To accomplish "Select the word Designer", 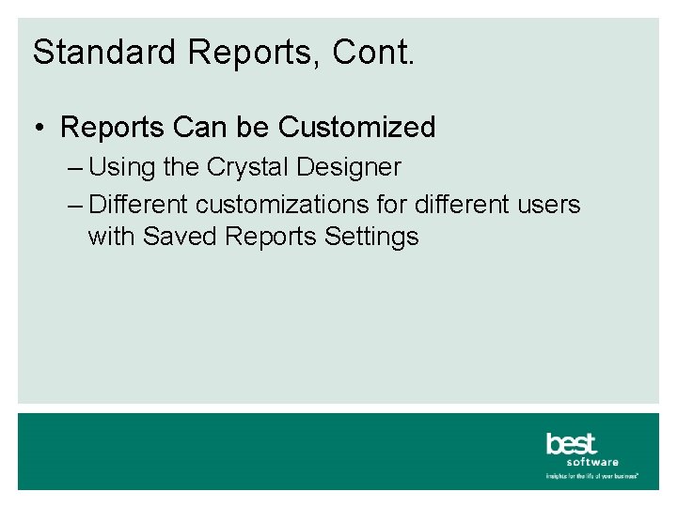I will click(x=349, y=168).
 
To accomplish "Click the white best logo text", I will click(x=572, y=443).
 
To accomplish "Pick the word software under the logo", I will click(x=593, y=462).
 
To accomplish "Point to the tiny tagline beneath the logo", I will click(x=592, y=476).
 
